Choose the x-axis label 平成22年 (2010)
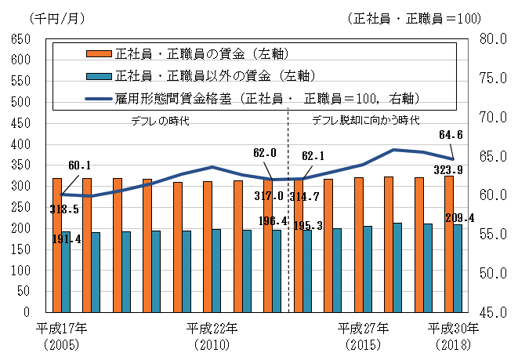point(212,336)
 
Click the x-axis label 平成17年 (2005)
point(62,336)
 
